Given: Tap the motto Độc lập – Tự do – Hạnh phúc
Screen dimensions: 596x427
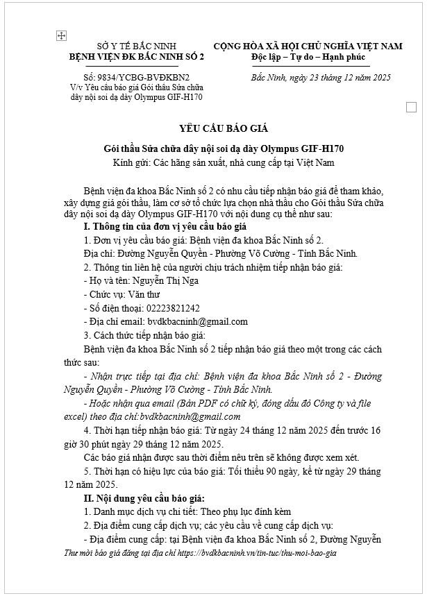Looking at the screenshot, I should (x=308, y=56).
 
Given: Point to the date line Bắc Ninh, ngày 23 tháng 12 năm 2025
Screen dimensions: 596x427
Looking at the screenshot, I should (x=321, y=77).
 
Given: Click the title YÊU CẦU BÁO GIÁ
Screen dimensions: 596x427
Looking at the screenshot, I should (x=213, y=128).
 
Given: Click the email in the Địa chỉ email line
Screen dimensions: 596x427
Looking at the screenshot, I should (x=197, y=321).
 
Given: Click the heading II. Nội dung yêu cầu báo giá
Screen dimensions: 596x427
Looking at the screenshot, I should (x=144, y=497).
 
